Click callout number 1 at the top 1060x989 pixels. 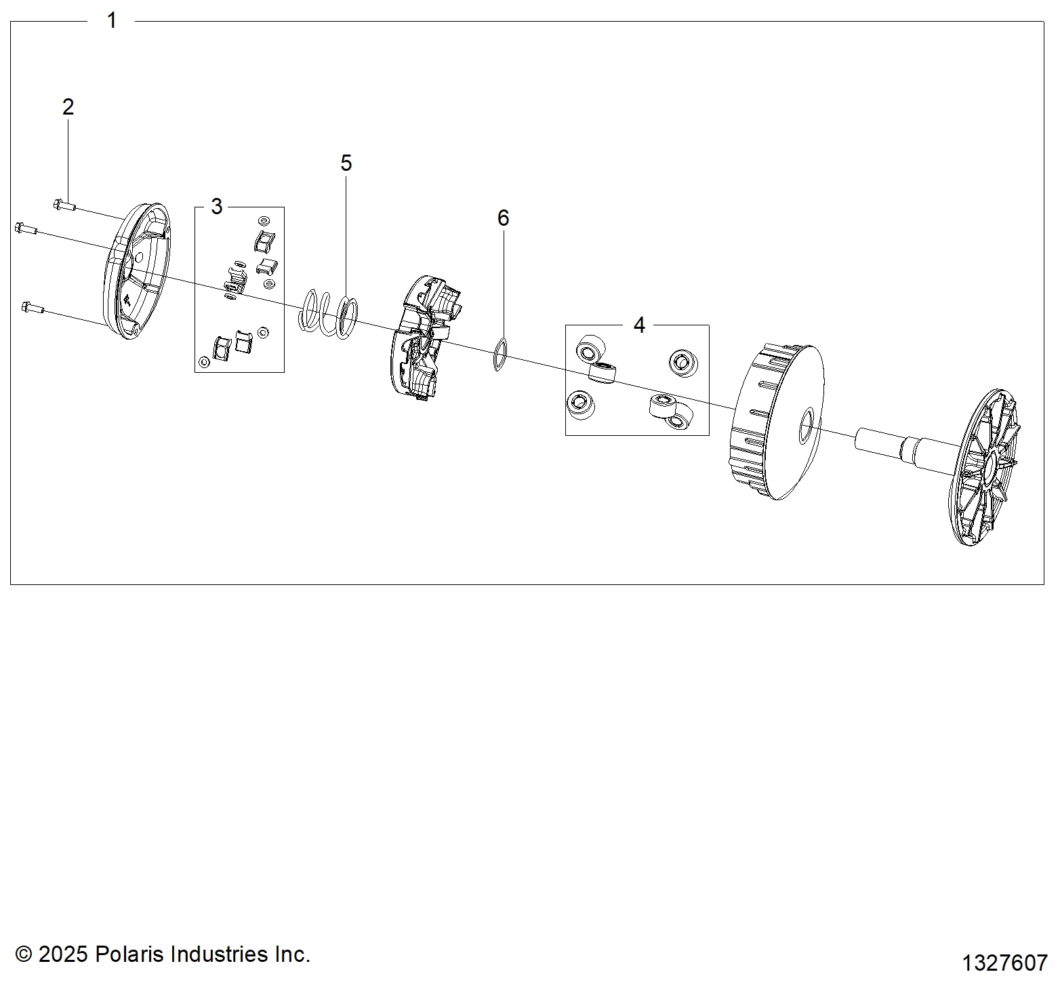tap(113, 20)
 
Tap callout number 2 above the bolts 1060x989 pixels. tap(68, 107)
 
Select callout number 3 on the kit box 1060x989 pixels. tap(217, 207)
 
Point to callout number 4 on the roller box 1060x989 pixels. tap(639, 325)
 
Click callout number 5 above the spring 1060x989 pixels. tap(346, 163)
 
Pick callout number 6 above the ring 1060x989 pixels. tap(503, 218)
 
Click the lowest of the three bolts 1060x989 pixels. tap(33, 308)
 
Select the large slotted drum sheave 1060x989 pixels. tap(777, 421)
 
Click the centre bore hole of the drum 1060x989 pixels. tap(807, 427)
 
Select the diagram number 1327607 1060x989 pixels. tap(1005, 963)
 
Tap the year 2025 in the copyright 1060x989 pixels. tap(64, 954)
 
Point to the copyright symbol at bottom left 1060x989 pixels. tap(24, 954)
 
